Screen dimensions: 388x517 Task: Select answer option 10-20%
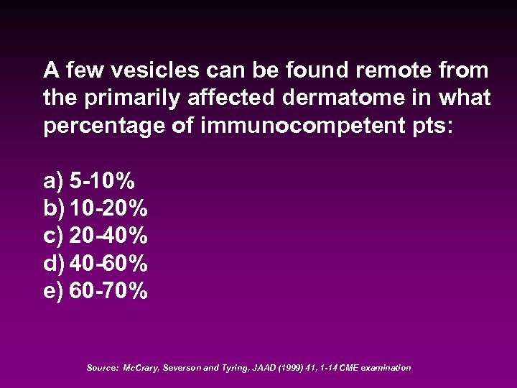point(109,208)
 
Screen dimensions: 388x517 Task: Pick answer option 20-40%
point(109,236)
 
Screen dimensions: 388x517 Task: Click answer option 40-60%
point(109,264)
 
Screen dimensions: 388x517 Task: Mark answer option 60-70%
point(109,291)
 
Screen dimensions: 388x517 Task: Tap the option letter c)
point(53,236)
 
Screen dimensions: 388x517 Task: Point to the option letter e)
point(53,291)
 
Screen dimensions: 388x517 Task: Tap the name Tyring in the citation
point(228,368)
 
